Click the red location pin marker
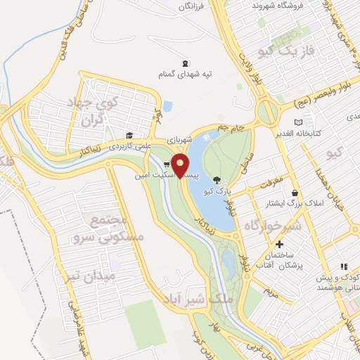[181, 165]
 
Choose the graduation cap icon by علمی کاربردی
[129, 136]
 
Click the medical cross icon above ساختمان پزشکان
[280, 245]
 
